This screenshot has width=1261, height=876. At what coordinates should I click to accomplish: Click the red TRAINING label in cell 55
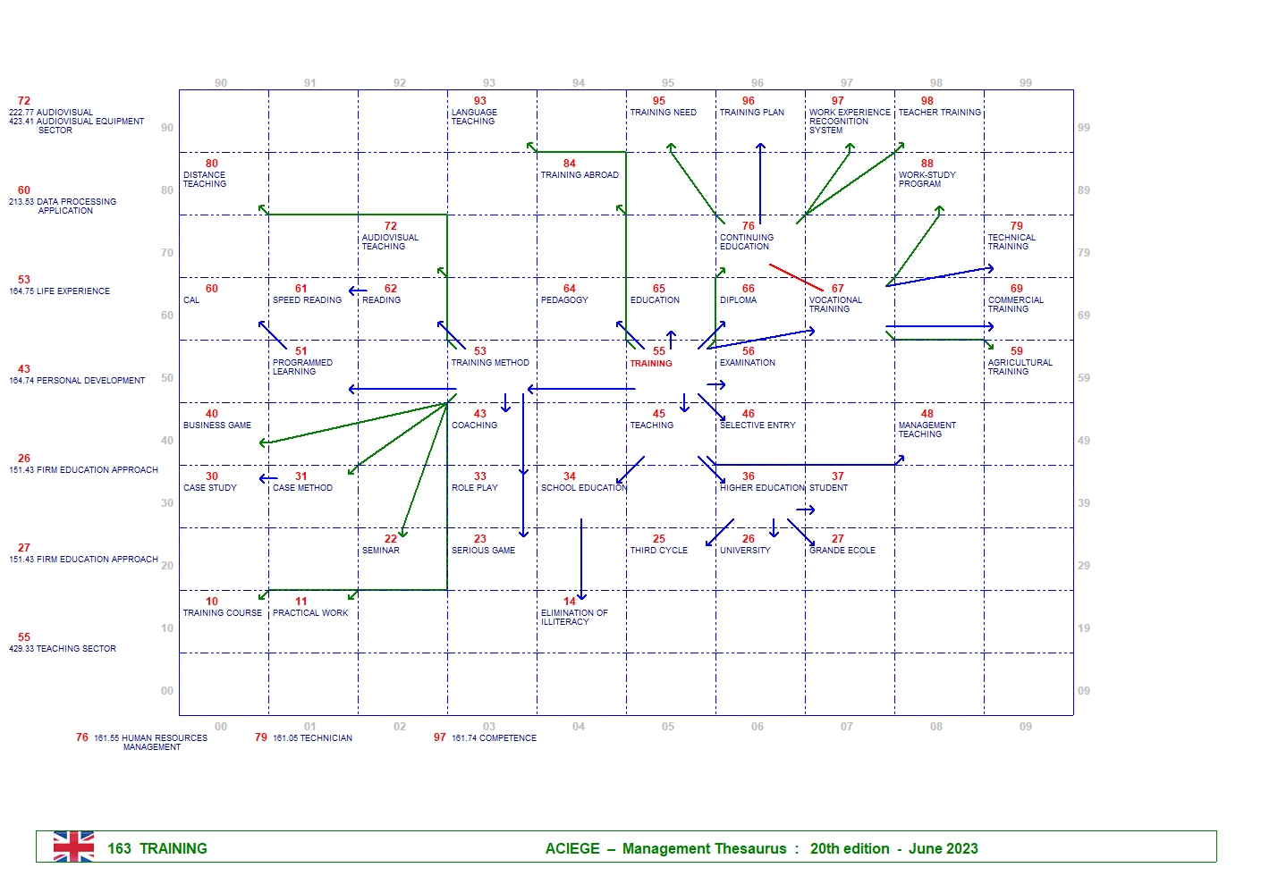pos(651,364)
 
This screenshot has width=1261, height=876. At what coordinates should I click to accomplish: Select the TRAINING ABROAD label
pos(580,175)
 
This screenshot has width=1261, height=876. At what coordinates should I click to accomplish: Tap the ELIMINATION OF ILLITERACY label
pos(573,618)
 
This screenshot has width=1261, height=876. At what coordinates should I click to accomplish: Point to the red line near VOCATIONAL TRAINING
pos(795,277)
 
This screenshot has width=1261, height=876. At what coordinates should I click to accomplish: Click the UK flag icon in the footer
pos(73,847)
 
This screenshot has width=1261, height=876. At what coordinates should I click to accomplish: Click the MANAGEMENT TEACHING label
pos(927,430)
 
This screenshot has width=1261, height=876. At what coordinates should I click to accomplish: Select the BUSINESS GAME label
pos(217,425)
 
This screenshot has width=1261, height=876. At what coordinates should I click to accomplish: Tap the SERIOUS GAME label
pos(483,551)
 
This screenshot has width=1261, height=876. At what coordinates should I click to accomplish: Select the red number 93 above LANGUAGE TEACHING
pos(480,101)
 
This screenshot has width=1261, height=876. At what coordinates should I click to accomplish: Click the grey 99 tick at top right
pos(1025,83)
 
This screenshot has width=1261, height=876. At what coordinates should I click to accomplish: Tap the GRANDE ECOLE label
pos(842,551)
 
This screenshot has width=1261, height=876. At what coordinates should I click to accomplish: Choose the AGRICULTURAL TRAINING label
pos(1020,367)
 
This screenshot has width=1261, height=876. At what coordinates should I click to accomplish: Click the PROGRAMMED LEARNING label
pos(302,367)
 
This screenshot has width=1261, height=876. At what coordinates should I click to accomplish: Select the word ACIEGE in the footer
pos(572,849)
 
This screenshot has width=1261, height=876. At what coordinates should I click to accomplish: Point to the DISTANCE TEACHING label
pos(205,180)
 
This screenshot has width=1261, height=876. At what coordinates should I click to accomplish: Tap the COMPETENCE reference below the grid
pos(494,738)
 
